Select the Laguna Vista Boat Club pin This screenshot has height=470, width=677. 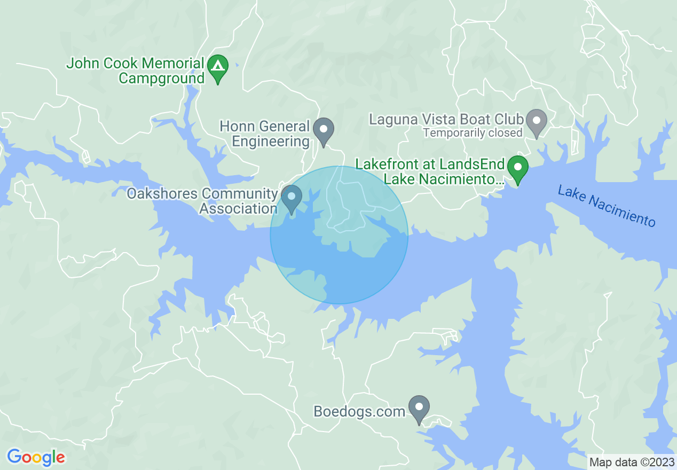click(x=537, y=121)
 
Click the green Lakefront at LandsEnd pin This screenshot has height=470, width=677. click(x=517, y=167)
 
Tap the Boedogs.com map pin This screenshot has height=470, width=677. click(x=419, y=408)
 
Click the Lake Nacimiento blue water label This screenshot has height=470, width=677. click(x=606, y=206)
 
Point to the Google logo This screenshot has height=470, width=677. click(x=36, y=457)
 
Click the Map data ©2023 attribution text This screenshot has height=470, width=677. click(x=630, y=461)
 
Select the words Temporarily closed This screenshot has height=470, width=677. click(x=473, y=133)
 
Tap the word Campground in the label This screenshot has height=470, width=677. click(x=161, y=78)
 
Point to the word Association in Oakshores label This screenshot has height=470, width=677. click(x=238, y=208)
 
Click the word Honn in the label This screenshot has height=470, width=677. click(x=237, y=127)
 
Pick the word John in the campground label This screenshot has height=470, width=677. click(x=81, y=64)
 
